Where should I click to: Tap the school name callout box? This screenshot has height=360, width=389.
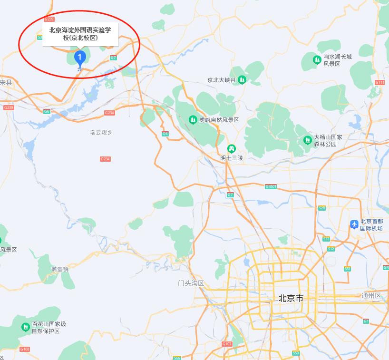[x=80, y=34]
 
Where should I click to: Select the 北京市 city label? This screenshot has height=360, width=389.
[x=291, y=299]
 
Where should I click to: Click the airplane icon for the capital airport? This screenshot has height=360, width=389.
[x=354, y=224]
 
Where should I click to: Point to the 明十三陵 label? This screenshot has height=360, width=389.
[x=232, y=157]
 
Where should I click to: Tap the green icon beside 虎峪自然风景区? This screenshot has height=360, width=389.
[x=193, y=120]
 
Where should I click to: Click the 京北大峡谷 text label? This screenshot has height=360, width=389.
[x=221, y=80]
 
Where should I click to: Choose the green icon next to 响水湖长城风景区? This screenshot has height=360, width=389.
[x=317, y=59]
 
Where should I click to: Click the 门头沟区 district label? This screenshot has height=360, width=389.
[x=191, y=283]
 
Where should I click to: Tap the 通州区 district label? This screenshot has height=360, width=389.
[x=371, y=296]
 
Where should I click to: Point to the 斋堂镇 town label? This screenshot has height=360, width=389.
[x=60, y=269]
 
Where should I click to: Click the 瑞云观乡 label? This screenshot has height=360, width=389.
[x=101, y=132]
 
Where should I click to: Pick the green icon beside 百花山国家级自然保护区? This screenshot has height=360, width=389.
[x=25, y=327]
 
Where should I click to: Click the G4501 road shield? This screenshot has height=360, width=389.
[x=271, y=186]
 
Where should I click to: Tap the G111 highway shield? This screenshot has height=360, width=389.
[x=379, y=83]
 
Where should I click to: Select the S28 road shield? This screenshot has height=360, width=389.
[x=322, y=208]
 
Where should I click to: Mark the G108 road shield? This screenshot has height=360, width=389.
[x=25, y=349]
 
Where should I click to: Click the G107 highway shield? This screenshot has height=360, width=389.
[x=227, y=344]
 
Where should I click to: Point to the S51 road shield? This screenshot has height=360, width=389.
[x=348, y=269]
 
